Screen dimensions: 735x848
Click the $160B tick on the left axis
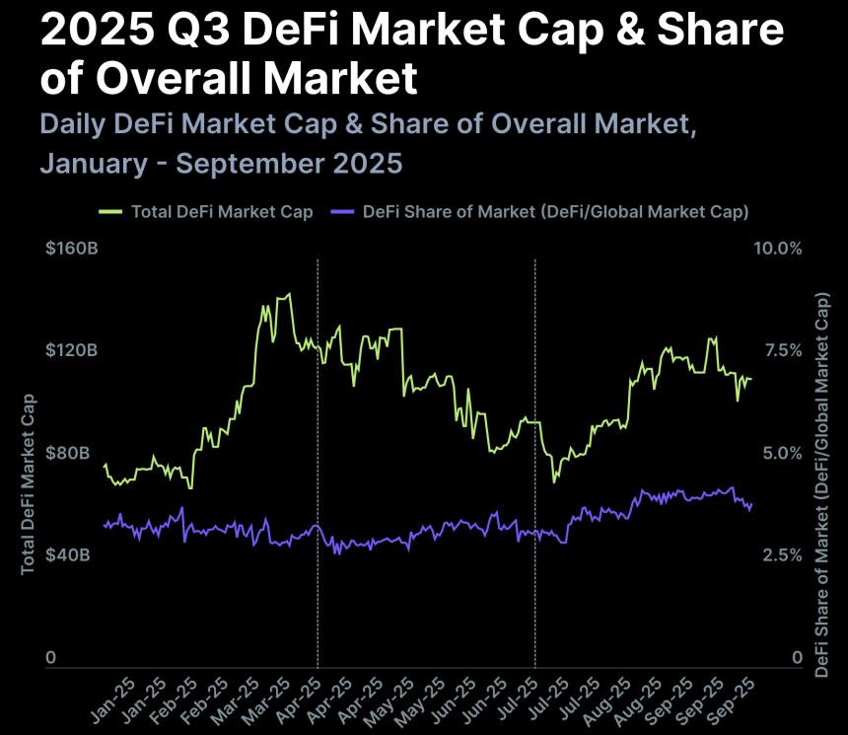pyautogui.click(x=71, y=249)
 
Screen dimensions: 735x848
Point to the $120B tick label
pyautogui.click(x=71, y=351)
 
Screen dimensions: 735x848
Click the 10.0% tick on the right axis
pyautogui.click(x=778, y=249)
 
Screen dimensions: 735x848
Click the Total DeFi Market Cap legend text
pyautogui.click(x=222, y=212)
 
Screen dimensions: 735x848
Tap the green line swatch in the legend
pyautogui.click(x=110, y=212)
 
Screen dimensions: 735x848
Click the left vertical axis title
pyautogui.click(x=29, y=482)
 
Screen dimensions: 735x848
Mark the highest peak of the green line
pyautogui.click(x=288, y=294)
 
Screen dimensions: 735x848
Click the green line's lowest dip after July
pyautogui.click(x=554, y=481)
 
